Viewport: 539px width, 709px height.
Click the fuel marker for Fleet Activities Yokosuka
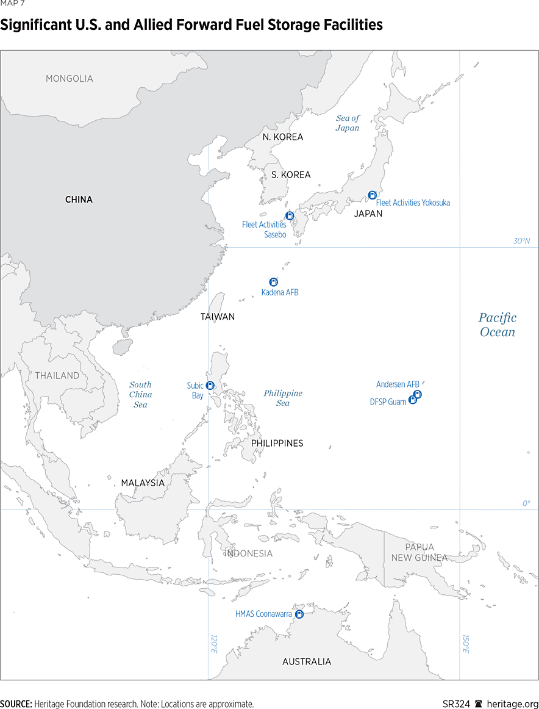coord(372,195)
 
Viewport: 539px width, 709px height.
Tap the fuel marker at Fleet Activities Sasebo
coord(290,215)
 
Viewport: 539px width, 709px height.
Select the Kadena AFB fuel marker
coord(274,282)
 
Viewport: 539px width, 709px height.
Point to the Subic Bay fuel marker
coord(210,385)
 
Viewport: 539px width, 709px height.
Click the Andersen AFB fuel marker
coord(418,394)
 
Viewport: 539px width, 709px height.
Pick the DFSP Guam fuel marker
coord(412,400)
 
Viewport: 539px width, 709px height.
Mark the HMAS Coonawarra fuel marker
coord(299,614)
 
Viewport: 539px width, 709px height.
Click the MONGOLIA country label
coord(70,79)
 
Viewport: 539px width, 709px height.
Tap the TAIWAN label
coord(218,317)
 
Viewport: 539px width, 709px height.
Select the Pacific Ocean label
coord(497,325)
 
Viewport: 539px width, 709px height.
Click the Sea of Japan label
coord(348,123)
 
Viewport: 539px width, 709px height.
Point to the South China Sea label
coord(140,394)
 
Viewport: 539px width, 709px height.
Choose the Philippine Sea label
coord(283,398)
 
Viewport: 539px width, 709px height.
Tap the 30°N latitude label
coord(521,241)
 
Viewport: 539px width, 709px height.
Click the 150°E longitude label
coord(465,644)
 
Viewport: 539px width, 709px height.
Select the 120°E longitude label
coord(213,644)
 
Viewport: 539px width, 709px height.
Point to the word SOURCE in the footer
coord(16,704)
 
